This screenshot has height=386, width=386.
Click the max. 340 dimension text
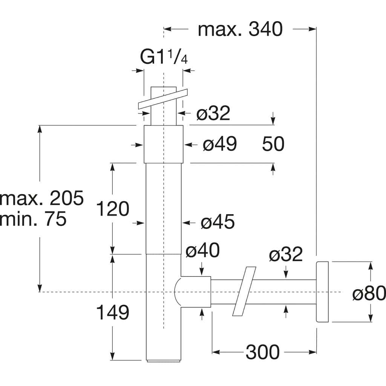pos(240,29)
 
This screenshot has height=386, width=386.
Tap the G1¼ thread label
pos(164,57)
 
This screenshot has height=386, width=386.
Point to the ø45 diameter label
pos(218,222)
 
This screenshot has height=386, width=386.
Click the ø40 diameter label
pos(202,250)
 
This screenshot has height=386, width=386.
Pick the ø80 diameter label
pos(369,293)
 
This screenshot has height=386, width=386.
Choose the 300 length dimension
pos(263,352)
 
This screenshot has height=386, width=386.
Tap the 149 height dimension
pos(112,312)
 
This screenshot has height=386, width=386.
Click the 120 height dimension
pos(112,209)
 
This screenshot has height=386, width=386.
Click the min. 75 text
pos(33,219)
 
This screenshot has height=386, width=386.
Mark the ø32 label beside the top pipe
pos(213,113)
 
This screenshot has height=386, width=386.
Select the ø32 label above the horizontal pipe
pos(286,254)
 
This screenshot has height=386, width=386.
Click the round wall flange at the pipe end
pos(322,292)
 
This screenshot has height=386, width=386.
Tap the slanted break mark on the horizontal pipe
pos(244,291)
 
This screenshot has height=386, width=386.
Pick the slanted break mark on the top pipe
pos(163,99)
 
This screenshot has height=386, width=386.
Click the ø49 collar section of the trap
pos(163,144)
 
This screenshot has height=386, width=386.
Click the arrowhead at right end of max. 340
pos(312,29)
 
